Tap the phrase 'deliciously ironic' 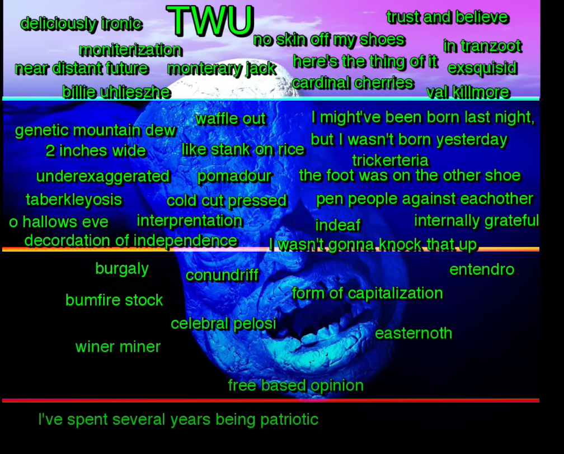pos(81,24)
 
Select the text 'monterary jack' pos(222,69)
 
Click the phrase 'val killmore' pos(468,92)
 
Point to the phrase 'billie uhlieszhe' pos(116,92)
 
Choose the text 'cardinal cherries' pos(353,83)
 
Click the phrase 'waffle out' pos(231,119)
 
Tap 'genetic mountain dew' pos(95,130)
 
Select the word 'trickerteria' pos(391,160)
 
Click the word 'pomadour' pos(234,176)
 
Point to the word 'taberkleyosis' pos(74,200)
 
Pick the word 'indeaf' pos(338,225)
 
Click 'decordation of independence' pos(131,240)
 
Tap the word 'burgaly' pos(122,269)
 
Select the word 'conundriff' pos(222,275)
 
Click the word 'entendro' pos(482,269)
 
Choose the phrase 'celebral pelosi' pos(223,324)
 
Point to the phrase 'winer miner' pos(118,347)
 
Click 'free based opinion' pos(295,385)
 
